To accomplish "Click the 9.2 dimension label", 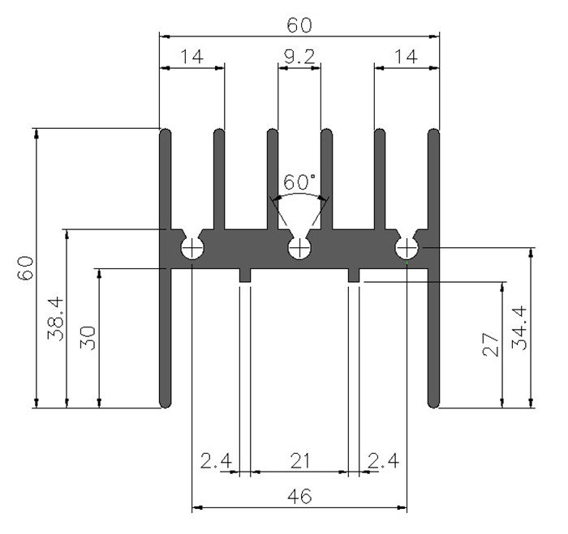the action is click(x=299, y=57).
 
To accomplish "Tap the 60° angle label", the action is click(x=299, y=182).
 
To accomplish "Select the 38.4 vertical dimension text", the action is click(x=56, y=318).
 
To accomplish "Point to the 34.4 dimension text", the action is click(x=519, y=327).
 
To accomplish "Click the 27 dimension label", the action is click(x=491, y=344).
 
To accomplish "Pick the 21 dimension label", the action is click(x=300, y=461).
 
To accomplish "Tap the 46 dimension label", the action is click(x=299, y=496).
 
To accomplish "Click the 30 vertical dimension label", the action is click(x=88, y=338).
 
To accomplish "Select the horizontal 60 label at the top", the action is click(x=299, y=25).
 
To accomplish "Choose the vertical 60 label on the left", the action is click(x=25, y=267).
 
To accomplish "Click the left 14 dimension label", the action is click(x=191, y=57).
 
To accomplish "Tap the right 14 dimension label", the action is click(x=406, y=57).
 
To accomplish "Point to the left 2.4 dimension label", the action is click(x=216, y=461).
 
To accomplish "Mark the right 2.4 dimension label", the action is click(x=383, y=461).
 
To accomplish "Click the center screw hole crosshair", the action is click(x=299, y=248).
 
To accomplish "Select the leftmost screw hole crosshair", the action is click(x=192, y=248).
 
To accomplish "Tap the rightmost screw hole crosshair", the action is click(x=407, y=248).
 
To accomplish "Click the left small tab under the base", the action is click(x=245, y=276).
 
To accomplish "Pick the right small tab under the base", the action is click(x=354, y=276).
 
